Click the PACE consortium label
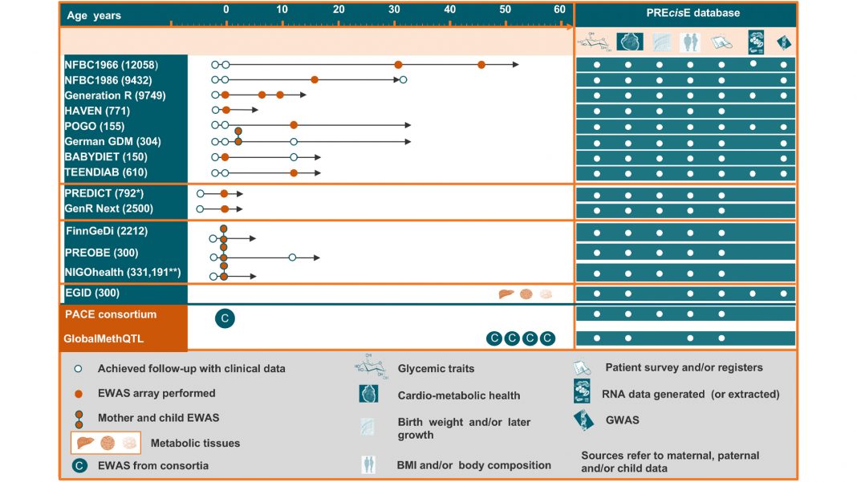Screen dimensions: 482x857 tap(111, 314)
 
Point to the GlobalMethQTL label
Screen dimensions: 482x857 tap(104, 338)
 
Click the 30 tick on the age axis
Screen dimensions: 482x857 tap(395, 10)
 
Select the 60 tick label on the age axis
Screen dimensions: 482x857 tap(559, 10)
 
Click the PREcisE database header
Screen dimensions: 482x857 tap(694, 13)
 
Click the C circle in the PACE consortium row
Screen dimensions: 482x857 tap(225, 318)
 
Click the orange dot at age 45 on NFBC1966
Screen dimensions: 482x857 tap(481, 64)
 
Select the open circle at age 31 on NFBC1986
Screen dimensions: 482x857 tap(404, 79)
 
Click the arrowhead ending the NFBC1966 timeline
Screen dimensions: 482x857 tap(516, 64)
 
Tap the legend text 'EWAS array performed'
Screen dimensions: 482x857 tap(156, 393)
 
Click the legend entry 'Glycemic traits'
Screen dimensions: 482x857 tap(436, 369)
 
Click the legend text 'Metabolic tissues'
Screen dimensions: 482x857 tap(195, 443)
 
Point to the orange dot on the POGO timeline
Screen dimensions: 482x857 tap(294, 125)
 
